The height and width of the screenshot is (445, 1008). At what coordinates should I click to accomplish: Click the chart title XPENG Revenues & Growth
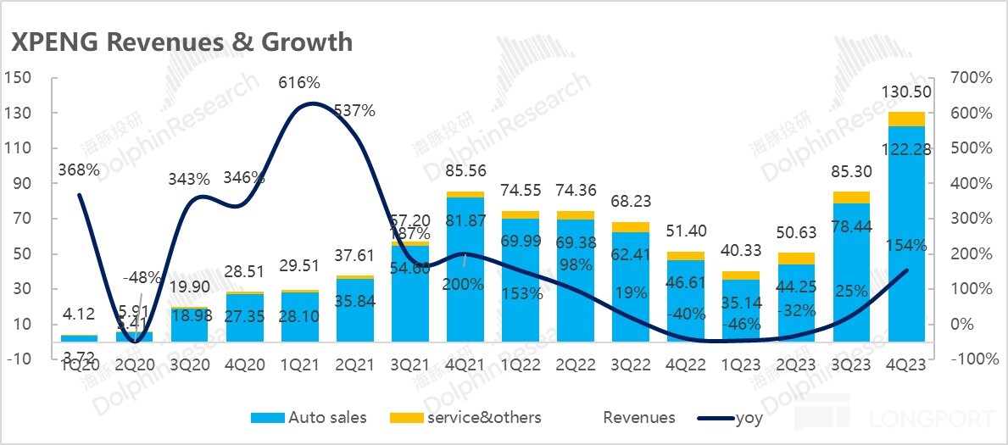coord(181,42)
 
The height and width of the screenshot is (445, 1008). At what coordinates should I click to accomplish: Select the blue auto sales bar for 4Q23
coord(908,254)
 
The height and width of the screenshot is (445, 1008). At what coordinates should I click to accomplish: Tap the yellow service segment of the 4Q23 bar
coord(908,119)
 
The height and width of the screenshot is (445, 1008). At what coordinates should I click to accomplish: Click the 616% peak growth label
coord(299,83)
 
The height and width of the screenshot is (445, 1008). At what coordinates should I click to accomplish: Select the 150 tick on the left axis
coord(18,78)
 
